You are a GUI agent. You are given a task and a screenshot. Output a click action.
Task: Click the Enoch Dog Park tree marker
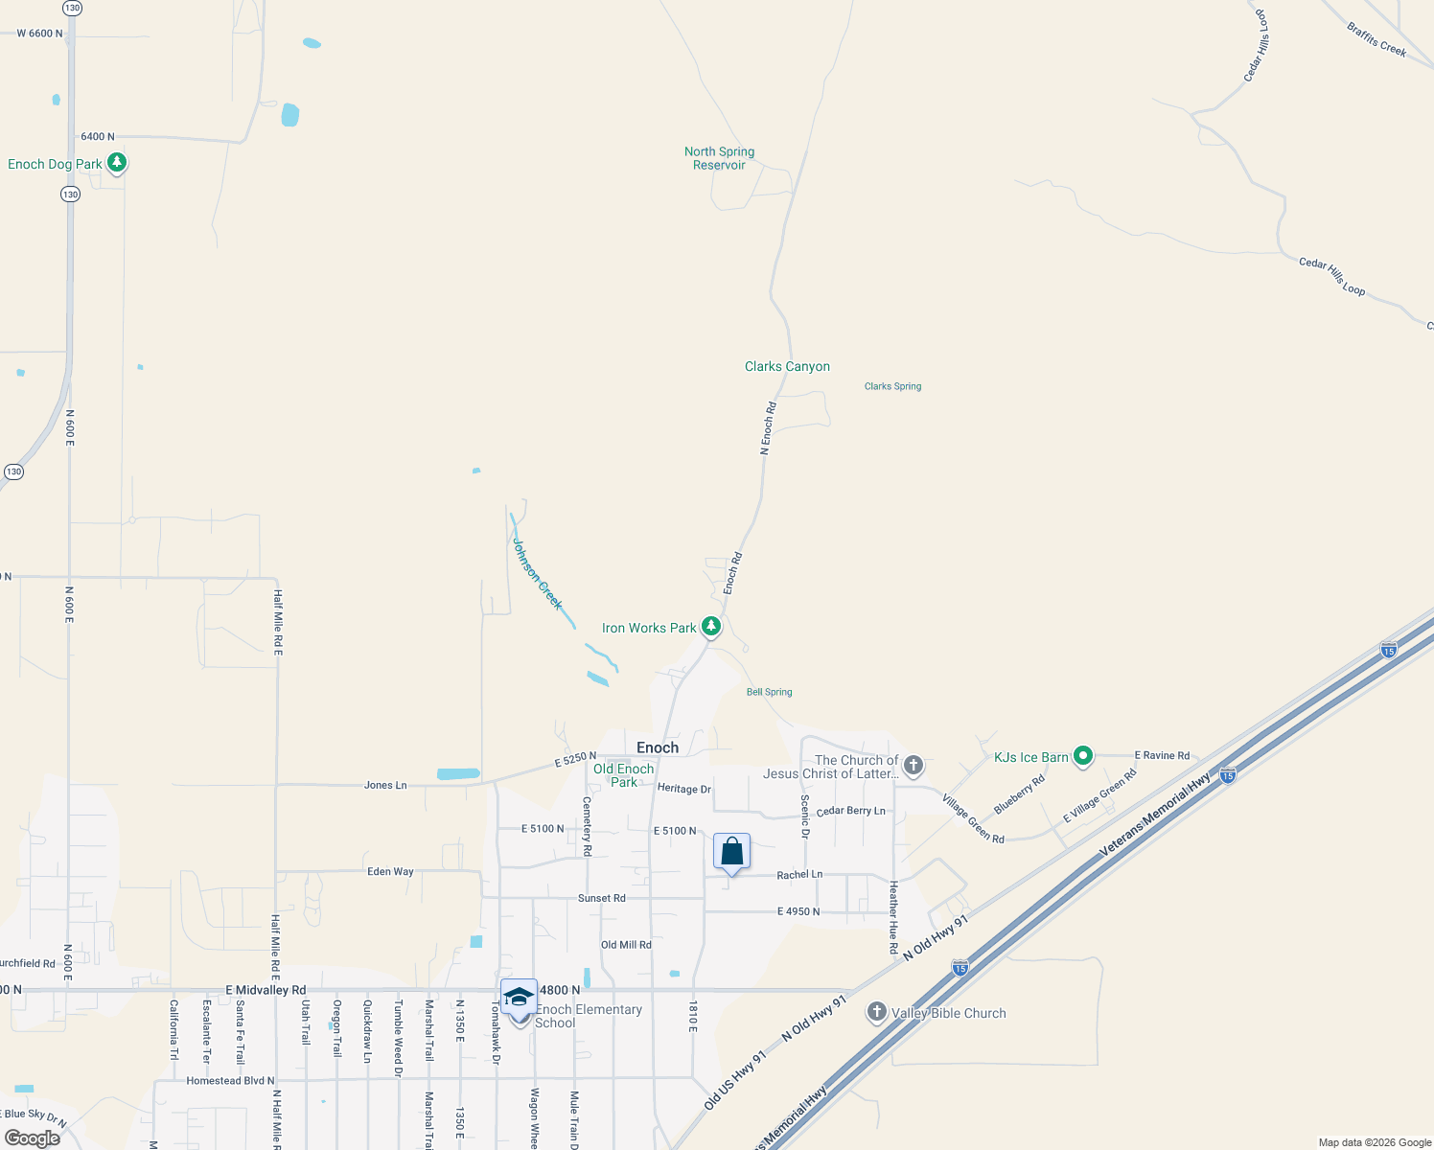pos(117,163)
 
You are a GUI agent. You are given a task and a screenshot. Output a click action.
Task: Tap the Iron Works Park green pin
pos(710,627)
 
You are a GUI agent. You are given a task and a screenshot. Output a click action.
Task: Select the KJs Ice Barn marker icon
pos(1082,756)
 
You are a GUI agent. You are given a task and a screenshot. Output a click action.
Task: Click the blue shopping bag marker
pos(731,851)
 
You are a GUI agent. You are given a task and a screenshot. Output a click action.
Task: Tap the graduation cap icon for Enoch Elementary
pos(519,997)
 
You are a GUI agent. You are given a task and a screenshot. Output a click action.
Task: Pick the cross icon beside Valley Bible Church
pos(876,1012)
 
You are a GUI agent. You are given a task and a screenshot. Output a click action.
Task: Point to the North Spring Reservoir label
pos(719,158)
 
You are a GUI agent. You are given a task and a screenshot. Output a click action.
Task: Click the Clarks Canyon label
pos(787,366)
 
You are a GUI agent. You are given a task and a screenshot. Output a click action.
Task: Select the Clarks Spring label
pos(892,386)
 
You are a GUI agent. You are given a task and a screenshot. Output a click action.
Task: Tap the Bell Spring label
pos(769,692)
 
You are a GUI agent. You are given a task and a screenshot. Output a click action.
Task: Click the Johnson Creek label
pos(537,573)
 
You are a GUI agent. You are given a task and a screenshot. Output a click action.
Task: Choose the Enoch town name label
pos(658,747)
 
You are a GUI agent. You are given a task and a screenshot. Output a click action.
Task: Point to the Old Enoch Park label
pos(623,775)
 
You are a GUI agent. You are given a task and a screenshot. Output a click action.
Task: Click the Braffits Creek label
pos(1376,39)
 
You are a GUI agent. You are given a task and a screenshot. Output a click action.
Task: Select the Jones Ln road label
pos(385,785)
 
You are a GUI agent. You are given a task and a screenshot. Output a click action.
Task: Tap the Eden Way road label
pos(390,871)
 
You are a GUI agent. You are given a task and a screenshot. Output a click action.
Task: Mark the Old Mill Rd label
pos(626,944)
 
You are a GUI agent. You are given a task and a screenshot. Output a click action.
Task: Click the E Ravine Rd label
pos(1162,755)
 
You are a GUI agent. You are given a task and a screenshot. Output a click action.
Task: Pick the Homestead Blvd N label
pos(230,1080)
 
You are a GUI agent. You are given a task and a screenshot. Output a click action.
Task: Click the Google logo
pos(33,1138)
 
